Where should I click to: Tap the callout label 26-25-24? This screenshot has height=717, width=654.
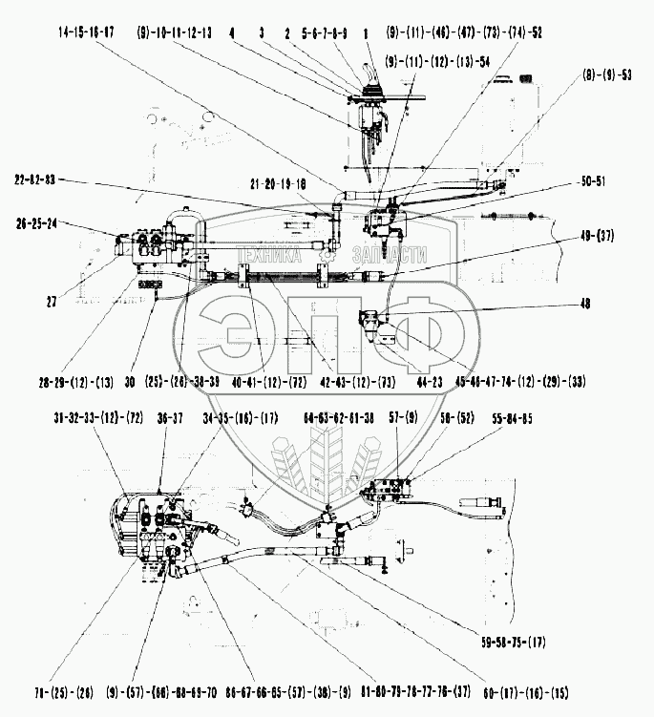38,226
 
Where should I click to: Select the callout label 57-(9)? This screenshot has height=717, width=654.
404,417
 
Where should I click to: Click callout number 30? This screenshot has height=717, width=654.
129,382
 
